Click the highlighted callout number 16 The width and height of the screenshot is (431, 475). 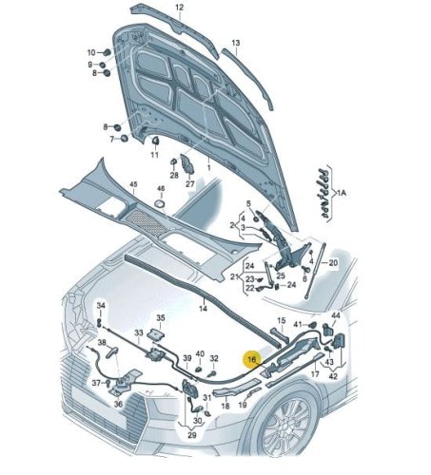click(x=252, y=359)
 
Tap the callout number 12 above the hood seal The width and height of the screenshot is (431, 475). click(x=180, y=8)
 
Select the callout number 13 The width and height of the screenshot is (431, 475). click(x=236, y=43)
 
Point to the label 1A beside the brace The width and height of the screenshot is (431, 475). click(x=342, y=193)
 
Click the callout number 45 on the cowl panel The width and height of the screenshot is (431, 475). click(x=133, y=184)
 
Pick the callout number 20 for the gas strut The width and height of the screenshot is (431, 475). click(x=333, y=262)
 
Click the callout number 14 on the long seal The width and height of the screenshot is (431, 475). click(x=203, y=308)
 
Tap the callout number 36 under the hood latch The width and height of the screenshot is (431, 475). click(x=118, y=404)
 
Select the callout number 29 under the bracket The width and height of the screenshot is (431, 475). click(x=191, y=435)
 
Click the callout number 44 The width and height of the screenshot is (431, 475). click(x=336, y=315)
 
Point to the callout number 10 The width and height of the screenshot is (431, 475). click(x=91, y=52)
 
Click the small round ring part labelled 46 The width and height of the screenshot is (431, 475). click(x=160, y=203)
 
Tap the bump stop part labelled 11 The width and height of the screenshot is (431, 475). click(x=155, y=141)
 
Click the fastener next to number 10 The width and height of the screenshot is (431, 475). click(x=107, y=51)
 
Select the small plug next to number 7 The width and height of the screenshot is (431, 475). click(x=124, y=139)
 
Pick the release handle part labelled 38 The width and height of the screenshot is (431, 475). click(x=112, y=351)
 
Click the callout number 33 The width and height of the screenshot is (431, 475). click(x=139, y=332)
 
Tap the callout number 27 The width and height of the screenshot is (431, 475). click(x=189, y=183)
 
